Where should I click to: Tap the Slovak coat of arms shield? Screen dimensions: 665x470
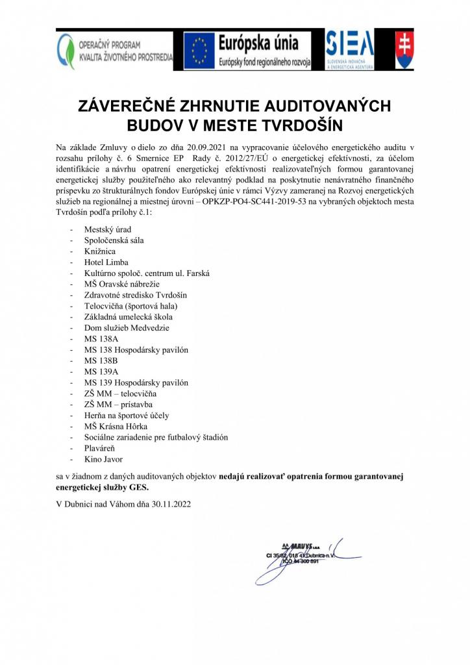coord(404,50)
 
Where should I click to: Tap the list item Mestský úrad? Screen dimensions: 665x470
coord(108,229)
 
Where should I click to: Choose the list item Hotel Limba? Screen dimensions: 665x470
coord(106,262)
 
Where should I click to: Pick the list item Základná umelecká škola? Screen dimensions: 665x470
coord(128,316)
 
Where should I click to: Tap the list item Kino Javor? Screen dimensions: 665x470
coord(104,459)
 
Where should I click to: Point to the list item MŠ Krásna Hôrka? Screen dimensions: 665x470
coord(116,426)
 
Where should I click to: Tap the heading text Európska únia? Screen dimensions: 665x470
coord(258,44)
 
